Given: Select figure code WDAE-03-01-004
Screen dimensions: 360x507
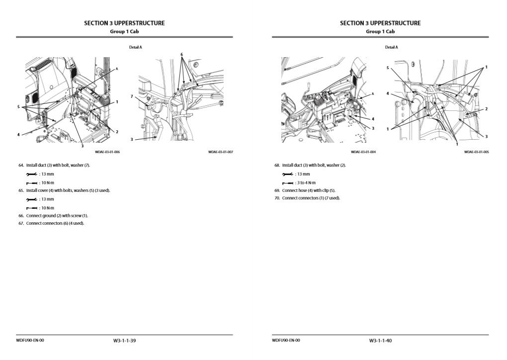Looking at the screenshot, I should pos(363,152).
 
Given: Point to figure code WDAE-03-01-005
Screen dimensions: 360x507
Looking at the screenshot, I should pos(476,152).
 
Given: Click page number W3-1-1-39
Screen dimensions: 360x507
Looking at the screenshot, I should pos(125,341).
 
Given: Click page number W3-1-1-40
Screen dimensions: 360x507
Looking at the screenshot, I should pos(380,341).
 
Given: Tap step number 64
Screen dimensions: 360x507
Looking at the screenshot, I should pos(21,165).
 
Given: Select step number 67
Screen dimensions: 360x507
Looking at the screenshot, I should pos(21,223).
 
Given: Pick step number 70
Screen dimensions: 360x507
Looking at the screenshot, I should pos(277,198).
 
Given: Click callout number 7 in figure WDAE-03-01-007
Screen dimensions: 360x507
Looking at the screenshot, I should pos(132,96).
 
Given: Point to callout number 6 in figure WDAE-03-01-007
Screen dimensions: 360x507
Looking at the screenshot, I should pos(181,54).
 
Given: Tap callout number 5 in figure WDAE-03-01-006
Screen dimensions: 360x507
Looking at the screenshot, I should pos(18,106).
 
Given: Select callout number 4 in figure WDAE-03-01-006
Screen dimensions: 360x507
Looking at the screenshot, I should pos(18,134).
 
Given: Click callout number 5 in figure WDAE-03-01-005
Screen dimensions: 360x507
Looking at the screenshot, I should pos(388,67).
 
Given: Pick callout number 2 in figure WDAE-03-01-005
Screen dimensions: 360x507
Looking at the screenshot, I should pos(486,109).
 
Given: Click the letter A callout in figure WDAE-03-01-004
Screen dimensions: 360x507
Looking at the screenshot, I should pos(373,93).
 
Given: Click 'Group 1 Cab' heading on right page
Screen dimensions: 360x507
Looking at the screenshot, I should pos(380,32).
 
